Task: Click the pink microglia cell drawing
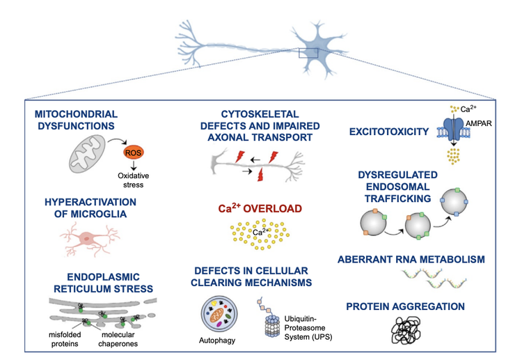86,238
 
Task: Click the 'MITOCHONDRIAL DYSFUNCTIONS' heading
76,119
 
